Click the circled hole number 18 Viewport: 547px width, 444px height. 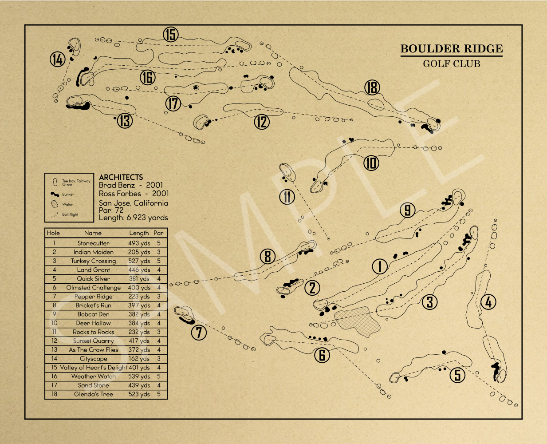(372, 87)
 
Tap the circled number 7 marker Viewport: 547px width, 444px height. (199, 332)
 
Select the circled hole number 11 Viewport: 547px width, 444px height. (287, 197)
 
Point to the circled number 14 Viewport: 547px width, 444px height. (57, 59)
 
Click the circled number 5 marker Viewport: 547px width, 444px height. (458, 375)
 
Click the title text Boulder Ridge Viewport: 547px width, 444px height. (451, 49)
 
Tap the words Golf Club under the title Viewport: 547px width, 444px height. (451, 64)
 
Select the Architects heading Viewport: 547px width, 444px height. (121, 177)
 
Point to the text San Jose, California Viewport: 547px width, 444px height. (134, 203)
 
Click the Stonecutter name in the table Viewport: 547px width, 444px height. (93, 243)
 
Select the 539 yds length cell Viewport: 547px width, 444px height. (139, 377)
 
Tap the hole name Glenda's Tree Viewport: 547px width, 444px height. (94, 394)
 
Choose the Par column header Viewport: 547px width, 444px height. (158, 233)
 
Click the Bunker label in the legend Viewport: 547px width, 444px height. (68, 194)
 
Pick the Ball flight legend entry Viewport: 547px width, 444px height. (70, 214)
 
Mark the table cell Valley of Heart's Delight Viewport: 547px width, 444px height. (93, 368)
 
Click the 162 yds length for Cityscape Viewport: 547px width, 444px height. (139, 359)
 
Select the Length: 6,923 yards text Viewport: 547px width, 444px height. (133, 218)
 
